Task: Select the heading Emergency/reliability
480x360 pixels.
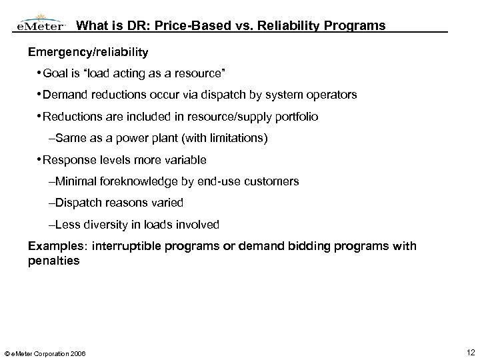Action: click(88, 51)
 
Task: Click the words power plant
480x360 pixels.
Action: click(143, 139)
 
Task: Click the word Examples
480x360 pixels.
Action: click(51, 246)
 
